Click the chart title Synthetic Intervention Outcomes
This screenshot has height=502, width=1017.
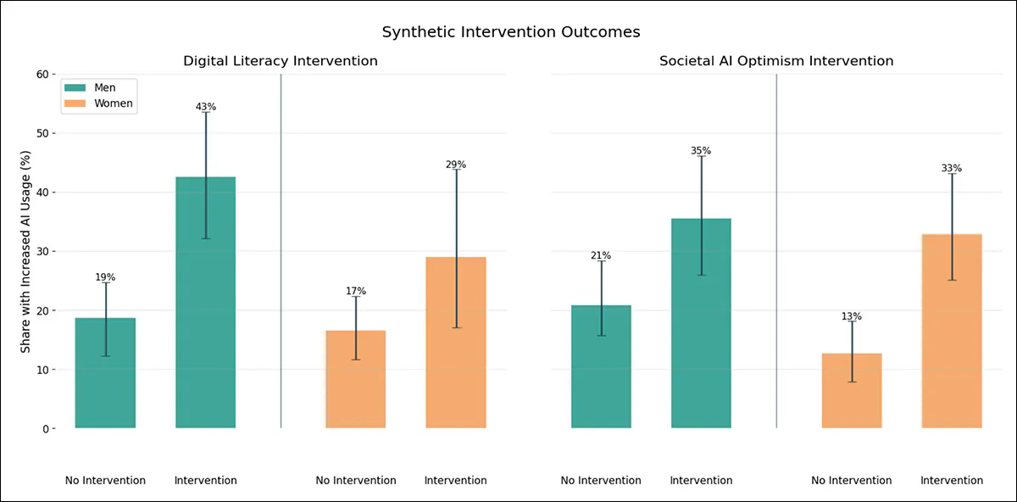510,32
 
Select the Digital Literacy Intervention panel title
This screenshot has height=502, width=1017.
281,61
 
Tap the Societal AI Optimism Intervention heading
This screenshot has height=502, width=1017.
776,61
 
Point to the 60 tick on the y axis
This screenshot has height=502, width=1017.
41,75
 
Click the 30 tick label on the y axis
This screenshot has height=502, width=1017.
41,252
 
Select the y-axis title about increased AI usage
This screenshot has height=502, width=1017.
26,252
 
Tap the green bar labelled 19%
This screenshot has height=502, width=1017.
105,373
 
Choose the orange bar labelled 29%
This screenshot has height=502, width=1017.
456,343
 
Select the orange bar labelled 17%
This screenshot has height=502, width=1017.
356,379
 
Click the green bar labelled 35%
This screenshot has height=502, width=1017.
701,323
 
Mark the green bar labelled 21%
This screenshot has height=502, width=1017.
601,366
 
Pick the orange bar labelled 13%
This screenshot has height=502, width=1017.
852,390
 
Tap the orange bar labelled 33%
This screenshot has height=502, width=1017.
952,331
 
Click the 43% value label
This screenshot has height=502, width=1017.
206,107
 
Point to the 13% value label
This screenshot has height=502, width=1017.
852,316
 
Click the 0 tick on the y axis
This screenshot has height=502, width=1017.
44,429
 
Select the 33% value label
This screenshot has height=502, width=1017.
952,168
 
